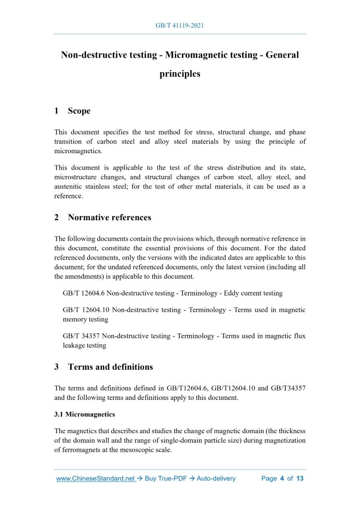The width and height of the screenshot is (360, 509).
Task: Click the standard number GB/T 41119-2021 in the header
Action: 180,25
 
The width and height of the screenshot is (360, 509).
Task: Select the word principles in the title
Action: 180,74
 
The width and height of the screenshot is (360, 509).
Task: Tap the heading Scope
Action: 79,111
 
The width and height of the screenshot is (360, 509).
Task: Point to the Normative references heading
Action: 109,218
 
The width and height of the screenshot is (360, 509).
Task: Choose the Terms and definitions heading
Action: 110,367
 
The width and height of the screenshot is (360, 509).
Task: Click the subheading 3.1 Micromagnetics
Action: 85,415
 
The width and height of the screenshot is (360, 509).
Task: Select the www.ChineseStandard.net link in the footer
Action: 95,478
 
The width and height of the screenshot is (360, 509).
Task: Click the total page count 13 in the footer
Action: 299,478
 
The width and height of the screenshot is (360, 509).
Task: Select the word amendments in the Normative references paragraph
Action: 87,276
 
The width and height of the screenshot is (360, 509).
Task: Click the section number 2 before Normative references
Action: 57,218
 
